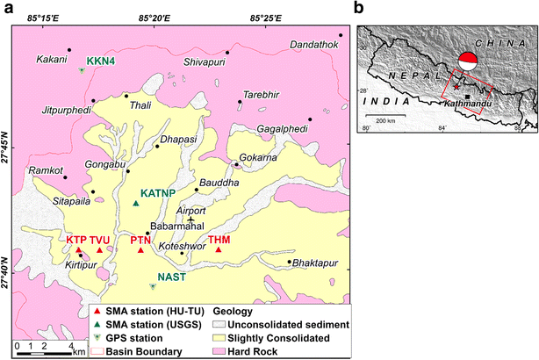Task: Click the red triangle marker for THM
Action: pos(219,250)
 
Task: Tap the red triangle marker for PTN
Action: pos(140,250)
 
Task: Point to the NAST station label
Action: pos(171,277)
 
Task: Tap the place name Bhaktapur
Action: pos(313,263)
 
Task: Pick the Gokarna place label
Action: pos(257,156)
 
